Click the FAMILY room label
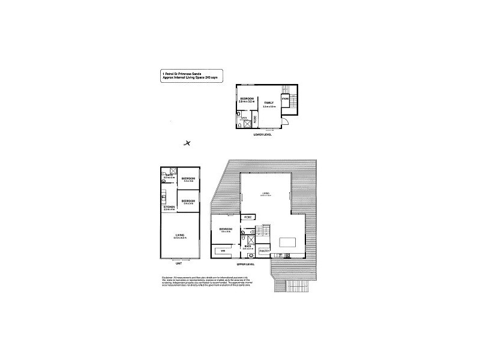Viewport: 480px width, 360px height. (268, 103)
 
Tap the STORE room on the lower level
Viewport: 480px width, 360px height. (286, 98)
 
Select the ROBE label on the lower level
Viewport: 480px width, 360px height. (254, 119)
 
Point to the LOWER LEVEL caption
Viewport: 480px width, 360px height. (263, 135)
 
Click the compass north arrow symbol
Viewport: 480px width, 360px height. (188, 143)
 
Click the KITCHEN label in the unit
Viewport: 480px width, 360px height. (169, 208)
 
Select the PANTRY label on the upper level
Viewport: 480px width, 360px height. (264, 250)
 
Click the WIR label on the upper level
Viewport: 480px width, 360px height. (223, 250)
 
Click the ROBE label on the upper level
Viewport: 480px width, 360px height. (248, 217)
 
